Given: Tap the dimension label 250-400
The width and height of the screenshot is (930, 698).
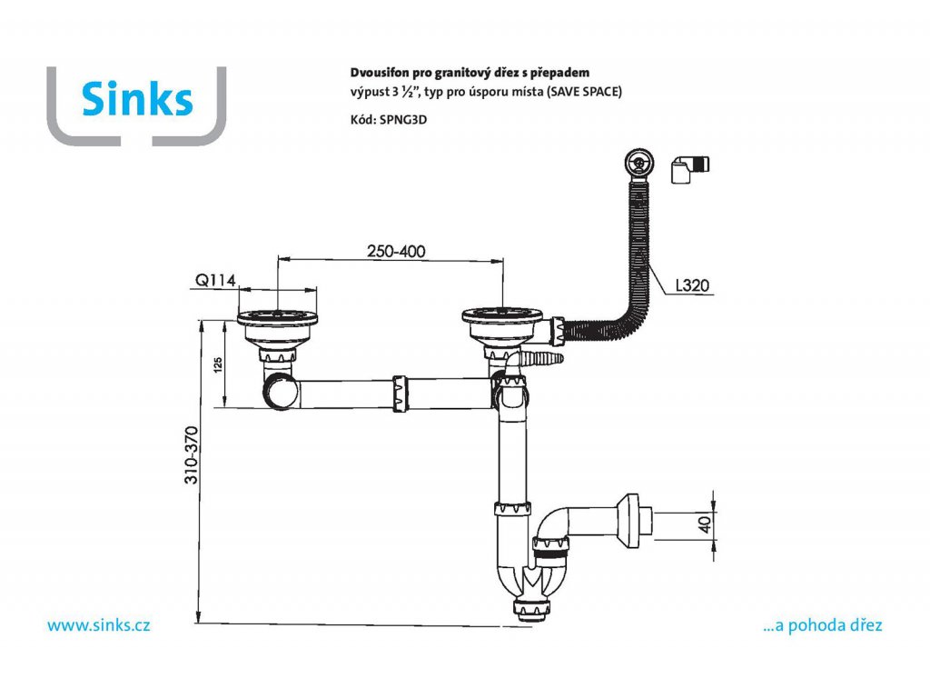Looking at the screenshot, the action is [x=395, y=251].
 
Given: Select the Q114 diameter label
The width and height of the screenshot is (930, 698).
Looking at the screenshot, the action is [x=214, y=281].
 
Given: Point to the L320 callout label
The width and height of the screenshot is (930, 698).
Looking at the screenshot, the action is [x=691, y=286].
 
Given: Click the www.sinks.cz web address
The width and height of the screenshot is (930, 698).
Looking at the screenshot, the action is [x=98, y=625].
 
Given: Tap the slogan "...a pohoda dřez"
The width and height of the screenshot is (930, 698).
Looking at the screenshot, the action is [x=823, y=625].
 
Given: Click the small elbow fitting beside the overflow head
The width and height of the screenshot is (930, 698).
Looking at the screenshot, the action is [x=690, y=170].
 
